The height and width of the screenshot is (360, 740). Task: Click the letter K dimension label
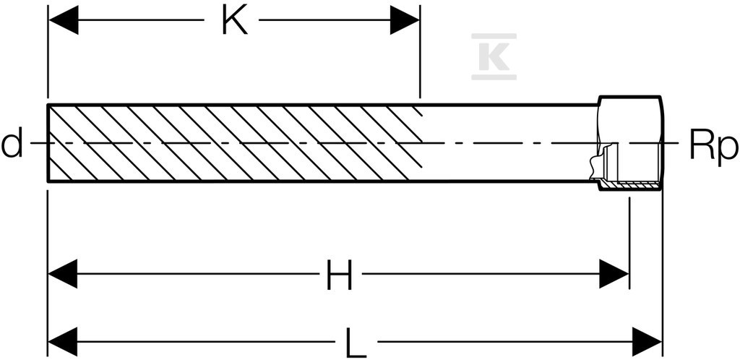(x=235, y=21)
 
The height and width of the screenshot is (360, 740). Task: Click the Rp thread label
(x=713, y=146)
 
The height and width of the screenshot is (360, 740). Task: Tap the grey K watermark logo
(x=494, y=56)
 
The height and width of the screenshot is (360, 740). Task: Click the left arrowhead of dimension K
(x=64, y=20)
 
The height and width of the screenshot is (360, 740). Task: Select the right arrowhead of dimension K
(x=405, y=20)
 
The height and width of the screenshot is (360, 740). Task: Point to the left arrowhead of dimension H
(x=63, y=274)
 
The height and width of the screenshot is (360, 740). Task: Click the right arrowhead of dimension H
(x=614, y=274)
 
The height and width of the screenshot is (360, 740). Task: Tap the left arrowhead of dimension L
(x=63, y=342)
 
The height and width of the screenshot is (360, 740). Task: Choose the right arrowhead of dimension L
(x=647, y=342)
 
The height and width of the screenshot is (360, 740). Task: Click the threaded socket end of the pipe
(x=630, y=142)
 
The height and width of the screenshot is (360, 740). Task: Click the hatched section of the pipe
(x=235, y=142)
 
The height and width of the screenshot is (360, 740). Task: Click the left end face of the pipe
(x=48, y=142)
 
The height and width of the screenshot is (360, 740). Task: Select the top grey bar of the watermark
(x=494, y=36)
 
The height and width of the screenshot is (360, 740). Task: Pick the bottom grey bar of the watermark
(x=494, y=77)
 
